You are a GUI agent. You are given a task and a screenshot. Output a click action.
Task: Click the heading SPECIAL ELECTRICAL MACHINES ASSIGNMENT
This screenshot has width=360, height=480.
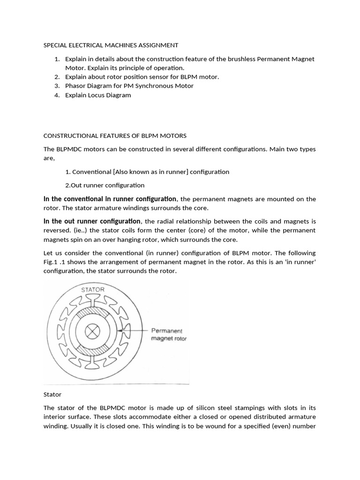tap(111, 45)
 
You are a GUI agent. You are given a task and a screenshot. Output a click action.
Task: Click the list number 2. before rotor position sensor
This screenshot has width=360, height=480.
tap(56, 77)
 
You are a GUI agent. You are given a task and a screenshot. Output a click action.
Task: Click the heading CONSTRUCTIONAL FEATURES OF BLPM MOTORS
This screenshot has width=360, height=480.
tap(115, 136)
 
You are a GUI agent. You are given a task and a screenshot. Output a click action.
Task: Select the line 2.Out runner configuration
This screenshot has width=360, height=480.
tap(105, 185)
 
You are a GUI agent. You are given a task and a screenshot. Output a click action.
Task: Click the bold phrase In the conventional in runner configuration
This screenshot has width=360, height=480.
tap(110, 199)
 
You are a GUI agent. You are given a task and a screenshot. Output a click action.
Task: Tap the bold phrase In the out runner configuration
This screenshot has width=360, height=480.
tap(92, 221)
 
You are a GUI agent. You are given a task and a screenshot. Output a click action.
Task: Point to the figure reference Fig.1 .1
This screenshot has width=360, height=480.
tap(56, 262)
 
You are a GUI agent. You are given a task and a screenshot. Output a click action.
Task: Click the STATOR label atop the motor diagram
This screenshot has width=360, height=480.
tap(93, 289)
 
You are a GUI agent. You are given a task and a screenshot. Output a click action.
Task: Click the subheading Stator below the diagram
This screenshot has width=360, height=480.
tap(52, 395)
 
